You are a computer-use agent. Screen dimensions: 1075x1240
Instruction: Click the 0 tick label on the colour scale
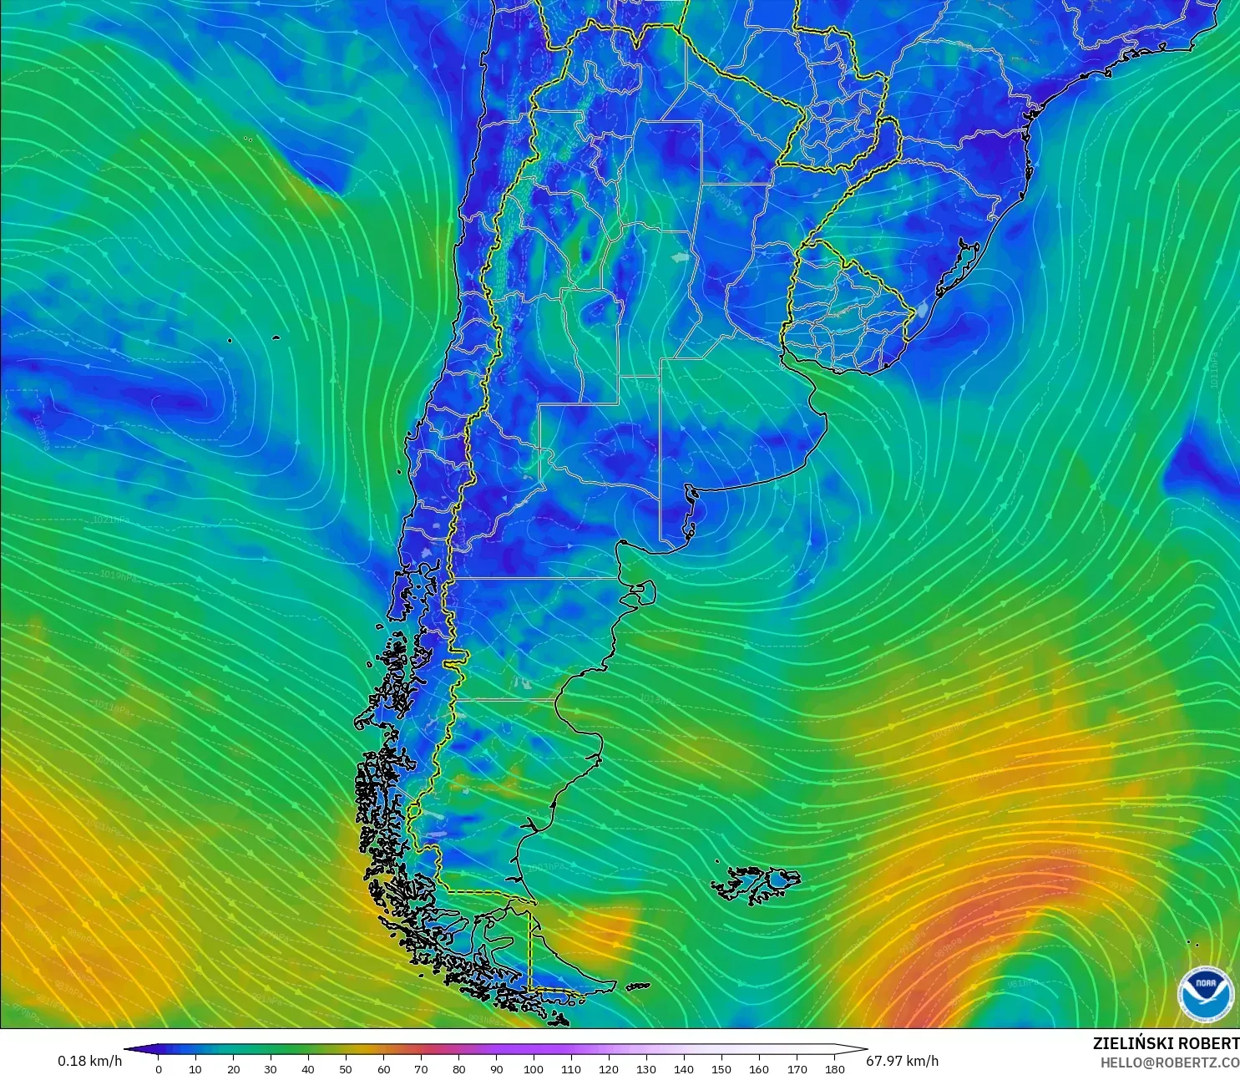[x=159, y=1068]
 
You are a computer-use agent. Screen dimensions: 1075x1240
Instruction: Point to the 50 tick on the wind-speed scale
[x=346, y=1068]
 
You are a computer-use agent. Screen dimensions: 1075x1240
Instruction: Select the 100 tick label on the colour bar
[x=534, y=1068]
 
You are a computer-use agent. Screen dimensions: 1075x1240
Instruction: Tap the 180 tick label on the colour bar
[x=834, y=1068]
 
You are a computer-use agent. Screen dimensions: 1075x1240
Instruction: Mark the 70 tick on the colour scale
[x=421, y=1068]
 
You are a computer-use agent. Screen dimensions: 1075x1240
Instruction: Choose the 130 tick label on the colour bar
[x=646, y=1068]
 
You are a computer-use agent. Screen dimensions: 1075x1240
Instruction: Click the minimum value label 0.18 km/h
[x=89, y=1061]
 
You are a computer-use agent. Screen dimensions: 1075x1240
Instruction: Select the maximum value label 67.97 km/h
[x=902, y=1061]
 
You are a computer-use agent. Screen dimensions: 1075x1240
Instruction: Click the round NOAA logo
[x=1205, y=992]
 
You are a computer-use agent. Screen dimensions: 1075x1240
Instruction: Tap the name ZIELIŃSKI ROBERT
[x=1166, y=1043]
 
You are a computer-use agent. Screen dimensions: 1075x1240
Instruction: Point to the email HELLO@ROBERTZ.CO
[x=1169, y=1062]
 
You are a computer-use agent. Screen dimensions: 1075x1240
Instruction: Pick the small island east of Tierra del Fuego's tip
[x=638, y=986]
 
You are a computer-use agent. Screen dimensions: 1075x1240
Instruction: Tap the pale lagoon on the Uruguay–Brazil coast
[x=921, y=311]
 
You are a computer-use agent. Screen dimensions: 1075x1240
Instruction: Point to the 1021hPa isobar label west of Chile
[x=111, y=519]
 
